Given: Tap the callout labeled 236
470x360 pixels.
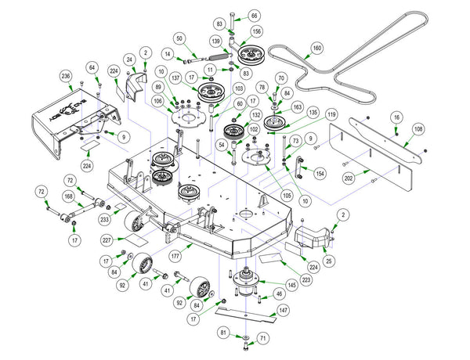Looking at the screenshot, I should (x=66, y=76).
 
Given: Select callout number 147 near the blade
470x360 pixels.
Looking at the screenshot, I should (x=283, y=310).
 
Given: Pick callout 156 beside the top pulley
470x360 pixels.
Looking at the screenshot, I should (x=256, y=32).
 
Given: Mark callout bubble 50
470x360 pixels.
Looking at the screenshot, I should (x=179, y=38).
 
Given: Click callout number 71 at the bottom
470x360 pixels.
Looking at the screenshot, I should (x=263, y=337).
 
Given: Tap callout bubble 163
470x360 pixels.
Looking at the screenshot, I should (x=297, y=106).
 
